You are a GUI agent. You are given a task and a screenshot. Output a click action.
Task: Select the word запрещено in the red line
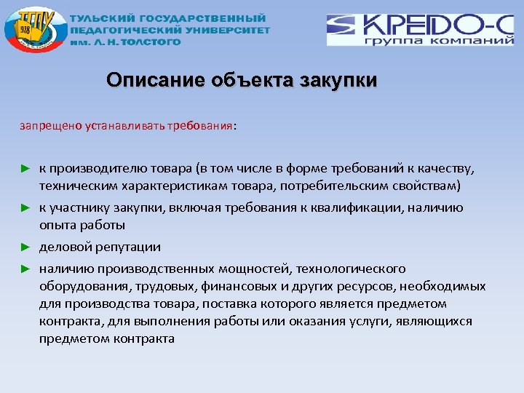tap(45, 124)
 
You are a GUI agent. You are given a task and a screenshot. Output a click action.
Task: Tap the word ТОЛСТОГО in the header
tap(152, 41)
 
